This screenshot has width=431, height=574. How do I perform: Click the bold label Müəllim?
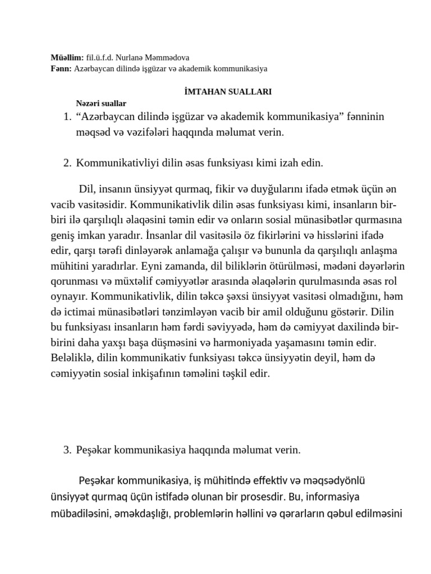(67, 57)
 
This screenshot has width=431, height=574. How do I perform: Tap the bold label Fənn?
(61, 68)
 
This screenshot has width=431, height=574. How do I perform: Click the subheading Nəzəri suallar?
(102, 103)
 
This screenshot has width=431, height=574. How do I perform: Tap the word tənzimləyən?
(213, 311)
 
